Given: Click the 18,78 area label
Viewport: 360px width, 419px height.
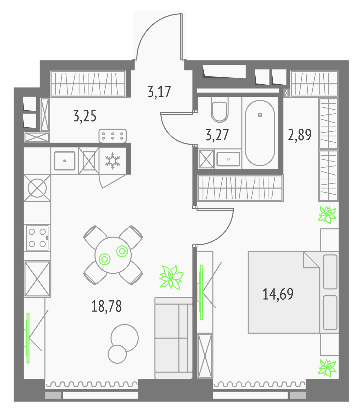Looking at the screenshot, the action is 106,306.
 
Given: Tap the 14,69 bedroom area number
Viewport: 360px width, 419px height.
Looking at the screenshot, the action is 278,294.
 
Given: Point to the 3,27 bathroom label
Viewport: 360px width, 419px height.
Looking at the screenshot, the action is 217,135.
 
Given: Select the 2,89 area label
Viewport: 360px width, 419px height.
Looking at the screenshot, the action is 300,135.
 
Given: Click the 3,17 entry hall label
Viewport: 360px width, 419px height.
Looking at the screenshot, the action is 159,92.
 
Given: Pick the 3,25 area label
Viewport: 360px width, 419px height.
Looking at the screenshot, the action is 85,116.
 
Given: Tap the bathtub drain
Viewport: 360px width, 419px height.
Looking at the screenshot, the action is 260,115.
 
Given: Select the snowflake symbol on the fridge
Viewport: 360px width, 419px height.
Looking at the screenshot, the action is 113,161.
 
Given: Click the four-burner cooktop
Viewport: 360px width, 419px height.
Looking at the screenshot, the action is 37,238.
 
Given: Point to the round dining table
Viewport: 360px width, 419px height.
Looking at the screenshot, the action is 113,255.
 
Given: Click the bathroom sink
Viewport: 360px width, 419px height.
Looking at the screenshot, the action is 228,159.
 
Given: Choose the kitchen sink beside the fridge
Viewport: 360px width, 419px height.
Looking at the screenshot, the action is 65,161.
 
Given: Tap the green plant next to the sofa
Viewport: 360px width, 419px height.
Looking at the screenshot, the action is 172,277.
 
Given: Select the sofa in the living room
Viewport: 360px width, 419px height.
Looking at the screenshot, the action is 173,338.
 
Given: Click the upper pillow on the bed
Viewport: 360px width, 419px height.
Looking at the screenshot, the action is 330,272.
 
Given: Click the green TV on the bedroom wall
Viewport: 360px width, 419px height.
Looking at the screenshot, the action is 201,292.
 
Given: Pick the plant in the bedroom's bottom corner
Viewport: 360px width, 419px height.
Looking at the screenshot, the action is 327,368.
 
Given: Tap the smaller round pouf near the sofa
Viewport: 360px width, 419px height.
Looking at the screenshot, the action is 117,354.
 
